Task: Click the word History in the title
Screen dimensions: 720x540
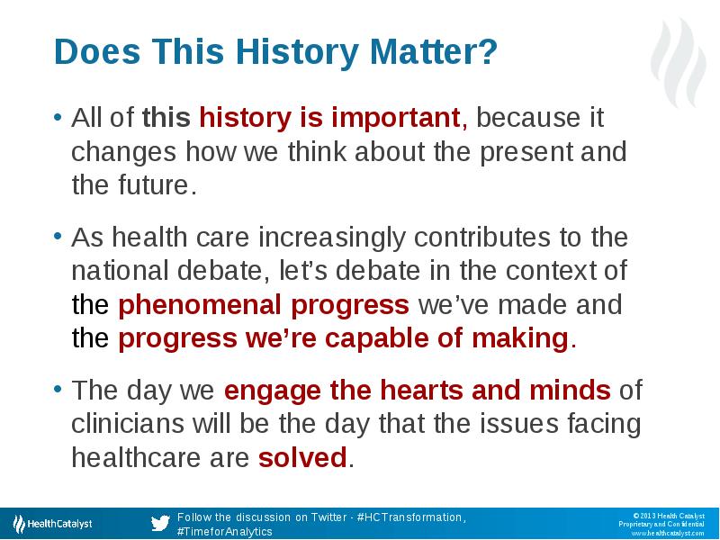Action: point(297,52)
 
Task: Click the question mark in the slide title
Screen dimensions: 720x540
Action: point(488,51)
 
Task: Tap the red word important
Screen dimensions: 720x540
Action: point(395,118)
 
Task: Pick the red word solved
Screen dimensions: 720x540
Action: point(302,458)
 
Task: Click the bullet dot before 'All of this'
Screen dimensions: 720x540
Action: point(58,117)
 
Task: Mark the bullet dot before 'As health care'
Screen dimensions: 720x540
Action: point(58,237)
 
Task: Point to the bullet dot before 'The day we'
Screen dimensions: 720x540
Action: point(58,390)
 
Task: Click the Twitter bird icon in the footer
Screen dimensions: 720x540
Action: point(160,523)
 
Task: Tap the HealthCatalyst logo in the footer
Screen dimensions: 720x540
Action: point(52,524)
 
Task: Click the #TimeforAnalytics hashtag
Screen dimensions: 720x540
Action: point(225,532)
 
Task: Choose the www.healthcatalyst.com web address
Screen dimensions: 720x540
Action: point(668,534)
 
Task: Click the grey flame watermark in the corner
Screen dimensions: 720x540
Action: point(679,62)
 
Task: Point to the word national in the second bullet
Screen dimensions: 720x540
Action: point(120,271)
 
